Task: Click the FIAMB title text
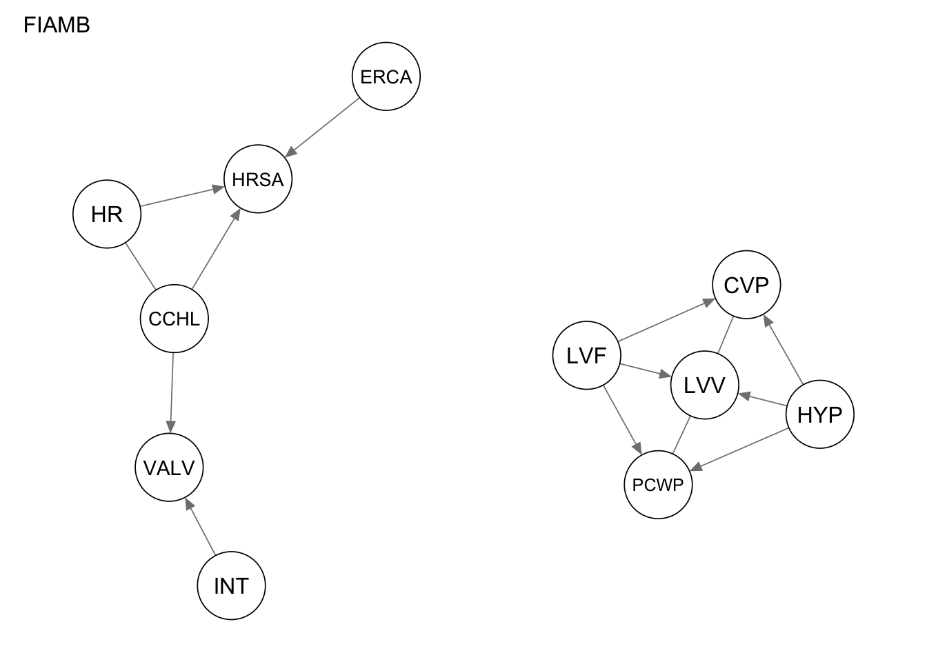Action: tap(57, 26)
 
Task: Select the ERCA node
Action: tap(386, 77)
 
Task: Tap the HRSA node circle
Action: tap(258, 179)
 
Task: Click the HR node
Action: tap(107, 214)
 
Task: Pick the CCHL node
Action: tap(174, 319)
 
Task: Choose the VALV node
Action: tap(170, 468)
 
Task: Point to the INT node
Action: tap(231, 585)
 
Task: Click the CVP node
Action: tap(746, 285)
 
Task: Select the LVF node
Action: tap(586, 356)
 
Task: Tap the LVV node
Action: tap(704, 385)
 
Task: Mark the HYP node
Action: tap(819, 414)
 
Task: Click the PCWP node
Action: tap(658, 485)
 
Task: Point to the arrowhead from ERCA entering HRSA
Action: tap(290, 152)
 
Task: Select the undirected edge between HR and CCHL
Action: tap(141, 267)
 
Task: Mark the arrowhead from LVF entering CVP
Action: tap(710, 301)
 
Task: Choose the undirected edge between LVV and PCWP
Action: tap(681, 435)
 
